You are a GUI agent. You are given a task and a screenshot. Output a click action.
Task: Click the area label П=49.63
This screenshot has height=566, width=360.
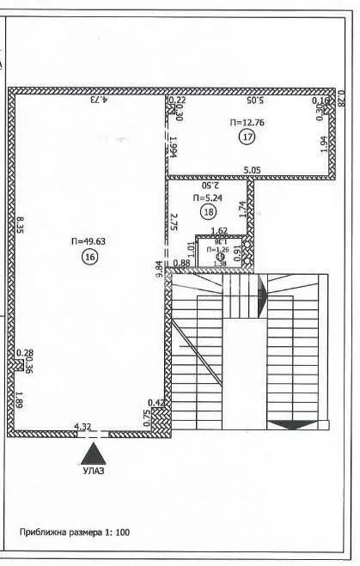point(88,242)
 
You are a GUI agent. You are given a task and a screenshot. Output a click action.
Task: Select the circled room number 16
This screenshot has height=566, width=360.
point(88,257)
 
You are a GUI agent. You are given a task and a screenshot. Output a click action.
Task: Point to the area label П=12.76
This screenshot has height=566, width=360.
point(247,123)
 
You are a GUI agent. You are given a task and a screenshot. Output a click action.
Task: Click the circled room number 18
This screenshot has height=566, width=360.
point(209,210)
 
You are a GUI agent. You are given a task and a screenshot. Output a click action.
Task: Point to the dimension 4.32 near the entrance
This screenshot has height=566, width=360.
point(82,426)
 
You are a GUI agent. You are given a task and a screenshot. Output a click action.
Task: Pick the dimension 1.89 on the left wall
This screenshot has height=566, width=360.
point(18,399)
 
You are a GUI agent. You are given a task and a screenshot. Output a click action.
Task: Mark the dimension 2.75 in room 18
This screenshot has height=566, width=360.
point(174,223)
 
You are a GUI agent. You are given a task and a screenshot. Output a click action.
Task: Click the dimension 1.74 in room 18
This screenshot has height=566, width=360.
point(243,207)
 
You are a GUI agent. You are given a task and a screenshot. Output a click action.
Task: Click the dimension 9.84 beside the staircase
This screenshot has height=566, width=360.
point(159,268)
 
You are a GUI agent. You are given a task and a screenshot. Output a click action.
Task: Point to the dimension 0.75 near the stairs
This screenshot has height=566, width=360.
point(148,417)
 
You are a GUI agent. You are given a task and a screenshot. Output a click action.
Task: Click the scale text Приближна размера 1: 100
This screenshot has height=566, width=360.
point(75,533)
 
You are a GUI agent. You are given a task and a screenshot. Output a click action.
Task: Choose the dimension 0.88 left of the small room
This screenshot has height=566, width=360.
point(181,262)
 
